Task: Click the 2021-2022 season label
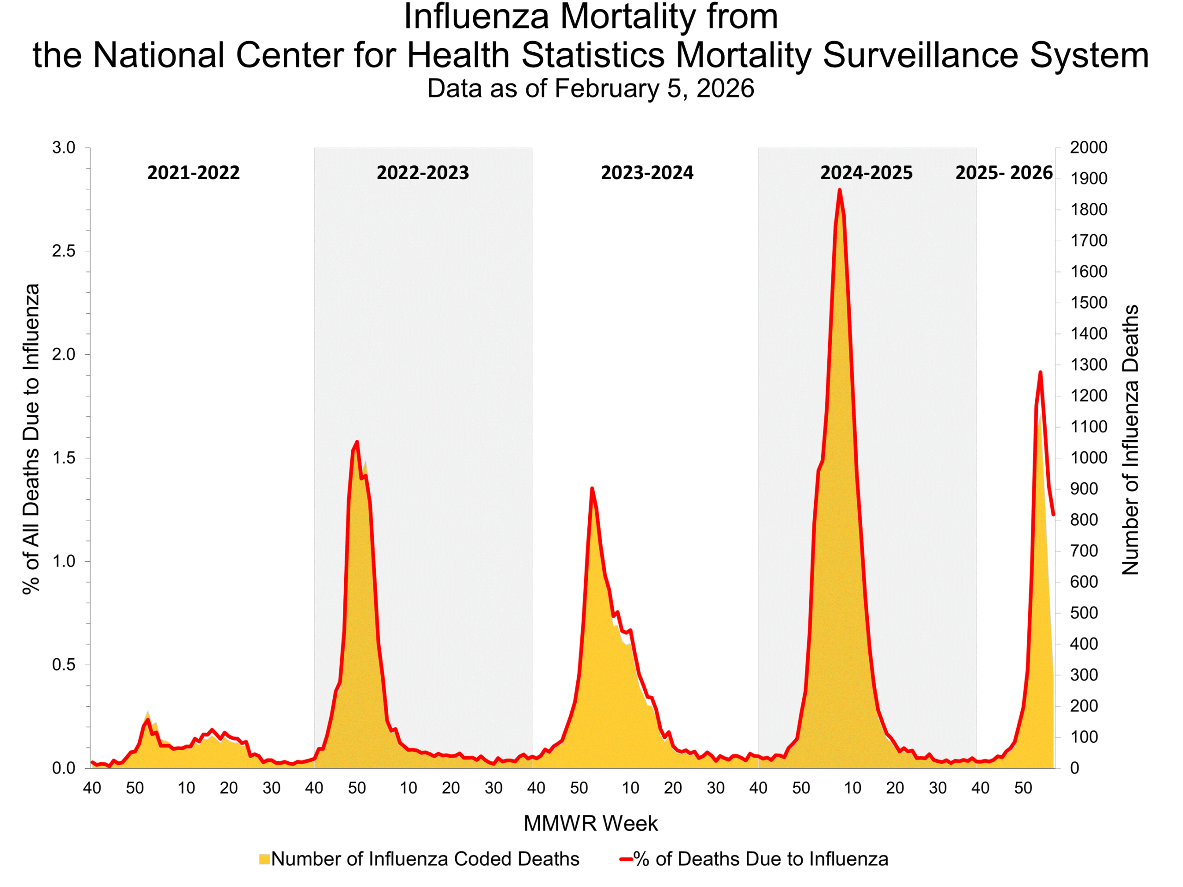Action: tap(193, 173)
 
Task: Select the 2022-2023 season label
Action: tap(422, 173)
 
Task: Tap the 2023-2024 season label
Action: tap(646, 173)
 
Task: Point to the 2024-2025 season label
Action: tap(866, 173)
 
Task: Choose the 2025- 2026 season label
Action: tap(1004, 173)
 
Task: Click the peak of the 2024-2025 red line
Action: tap(840, 190)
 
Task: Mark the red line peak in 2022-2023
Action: tap(357, 442)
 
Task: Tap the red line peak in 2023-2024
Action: tap(591, 488)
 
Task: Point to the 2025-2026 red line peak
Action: tap(1040, 372)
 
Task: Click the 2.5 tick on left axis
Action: tap(64, 251)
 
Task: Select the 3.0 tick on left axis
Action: tap(64, 147)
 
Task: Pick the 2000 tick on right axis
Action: tap(1088, 147)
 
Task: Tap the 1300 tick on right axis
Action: tap(1088, 365)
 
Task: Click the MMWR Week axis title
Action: tap(591, 823)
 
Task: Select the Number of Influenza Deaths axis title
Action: tap(1130, 439)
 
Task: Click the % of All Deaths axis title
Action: tap(31, 438)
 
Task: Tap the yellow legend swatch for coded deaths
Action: tap(264, 859)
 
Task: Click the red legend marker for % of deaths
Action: tap(626, 859)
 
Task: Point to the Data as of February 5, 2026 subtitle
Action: tap(591, 88)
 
